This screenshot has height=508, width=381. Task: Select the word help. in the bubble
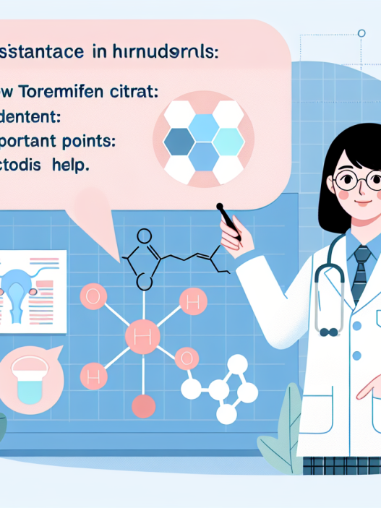click(69, 165)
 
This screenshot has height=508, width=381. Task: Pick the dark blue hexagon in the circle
click(178, 143)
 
